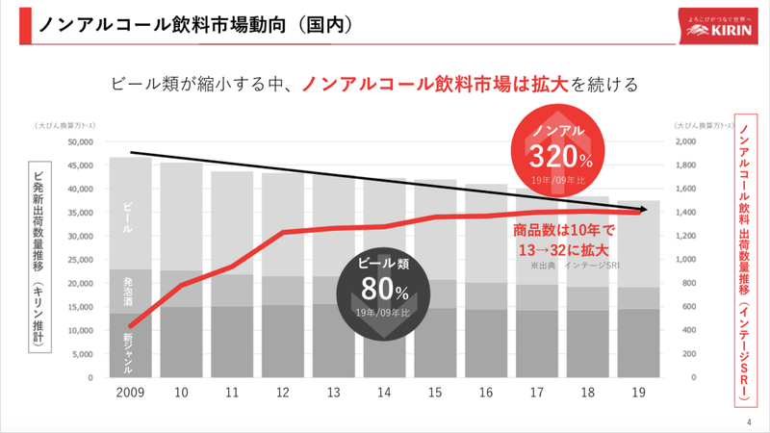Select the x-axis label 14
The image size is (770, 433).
point(384,395)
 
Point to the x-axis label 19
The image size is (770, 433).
point(637,395)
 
